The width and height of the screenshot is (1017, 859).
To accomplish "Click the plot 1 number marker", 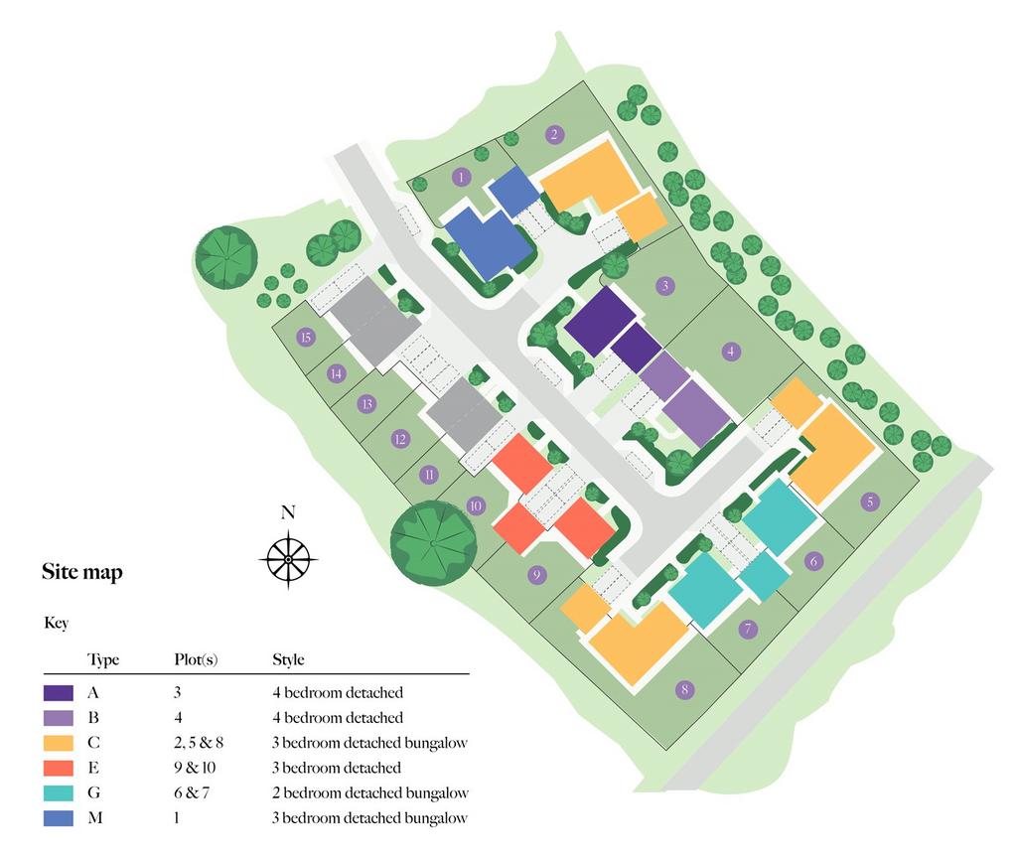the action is (461, 177).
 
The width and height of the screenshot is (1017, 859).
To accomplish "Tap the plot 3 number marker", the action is (664, 285).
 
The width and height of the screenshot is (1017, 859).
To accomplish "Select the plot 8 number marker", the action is (684, 689).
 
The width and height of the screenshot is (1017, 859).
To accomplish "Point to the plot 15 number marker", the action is (306, 337).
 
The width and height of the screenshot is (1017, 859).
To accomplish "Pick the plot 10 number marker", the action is (476, 505).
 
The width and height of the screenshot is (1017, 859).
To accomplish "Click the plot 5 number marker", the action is (870, 501).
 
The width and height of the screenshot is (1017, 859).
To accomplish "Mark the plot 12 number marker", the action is (400, 440).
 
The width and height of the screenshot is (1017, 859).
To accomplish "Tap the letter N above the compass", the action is (288, 512).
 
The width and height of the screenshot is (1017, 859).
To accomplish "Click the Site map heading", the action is (82, 572).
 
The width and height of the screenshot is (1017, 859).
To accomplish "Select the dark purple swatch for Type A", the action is (59, 693).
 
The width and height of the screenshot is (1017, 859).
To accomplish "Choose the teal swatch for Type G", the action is (59, 792).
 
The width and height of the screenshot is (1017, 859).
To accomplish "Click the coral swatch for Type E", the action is (59, 769).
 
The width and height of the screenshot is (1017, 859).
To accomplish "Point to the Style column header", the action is (289, 660).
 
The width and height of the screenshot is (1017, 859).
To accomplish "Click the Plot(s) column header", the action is (196, 660).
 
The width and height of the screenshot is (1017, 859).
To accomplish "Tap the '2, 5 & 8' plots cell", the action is (199, 743).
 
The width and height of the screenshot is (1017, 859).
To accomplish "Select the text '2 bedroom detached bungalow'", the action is (370, 792).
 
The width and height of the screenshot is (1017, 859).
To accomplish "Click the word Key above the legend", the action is (57, 623).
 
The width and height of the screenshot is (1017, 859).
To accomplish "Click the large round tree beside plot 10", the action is (433, 543).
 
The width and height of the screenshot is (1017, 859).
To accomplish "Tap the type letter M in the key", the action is (94, 818).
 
